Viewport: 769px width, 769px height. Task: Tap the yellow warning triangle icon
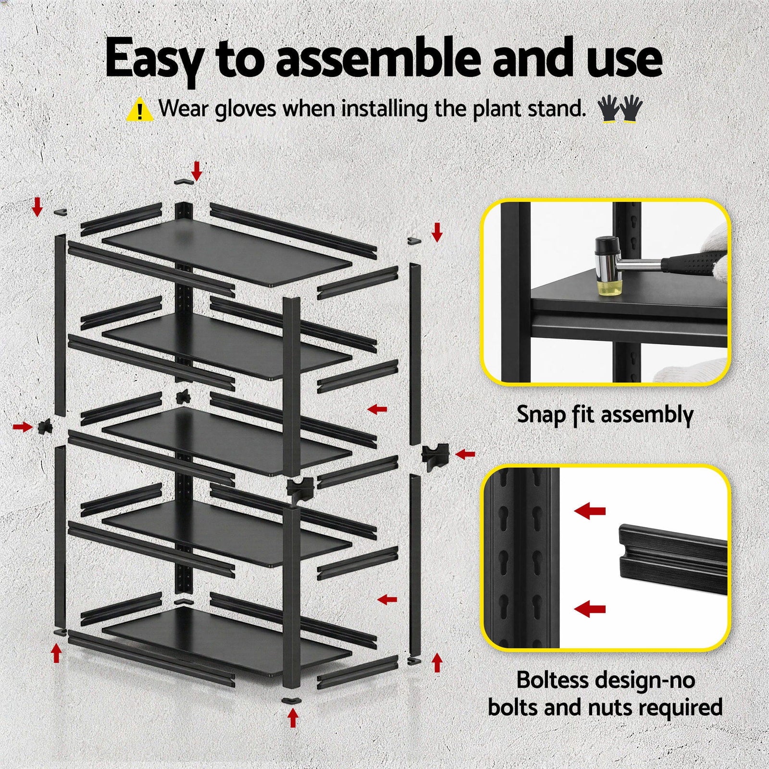[139, 110]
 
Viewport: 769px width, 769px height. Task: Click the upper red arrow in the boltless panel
[590, 511]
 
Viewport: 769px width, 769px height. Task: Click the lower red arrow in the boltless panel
[590, 609]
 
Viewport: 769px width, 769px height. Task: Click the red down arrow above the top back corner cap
[196, 170]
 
